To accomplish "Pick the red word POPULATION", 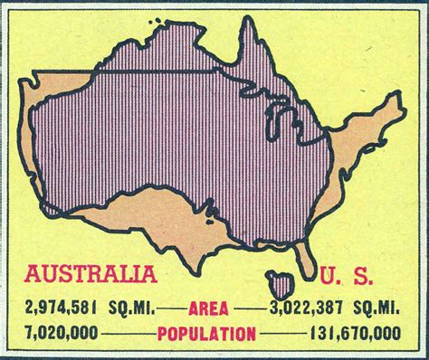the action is [x=206, y=335].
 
